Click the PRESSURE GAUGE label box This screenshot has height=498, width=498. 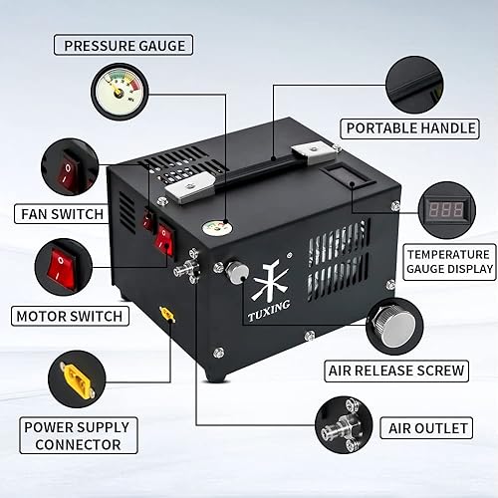[x=123, y=46]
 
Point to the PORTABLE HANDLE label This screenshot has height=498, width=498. [x=406, y=127]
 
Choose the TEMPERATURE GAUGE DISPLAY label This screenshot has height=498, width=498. [x=449, y=261]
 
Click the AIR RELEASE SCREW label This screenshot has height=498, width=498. [x=395, y=371]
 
